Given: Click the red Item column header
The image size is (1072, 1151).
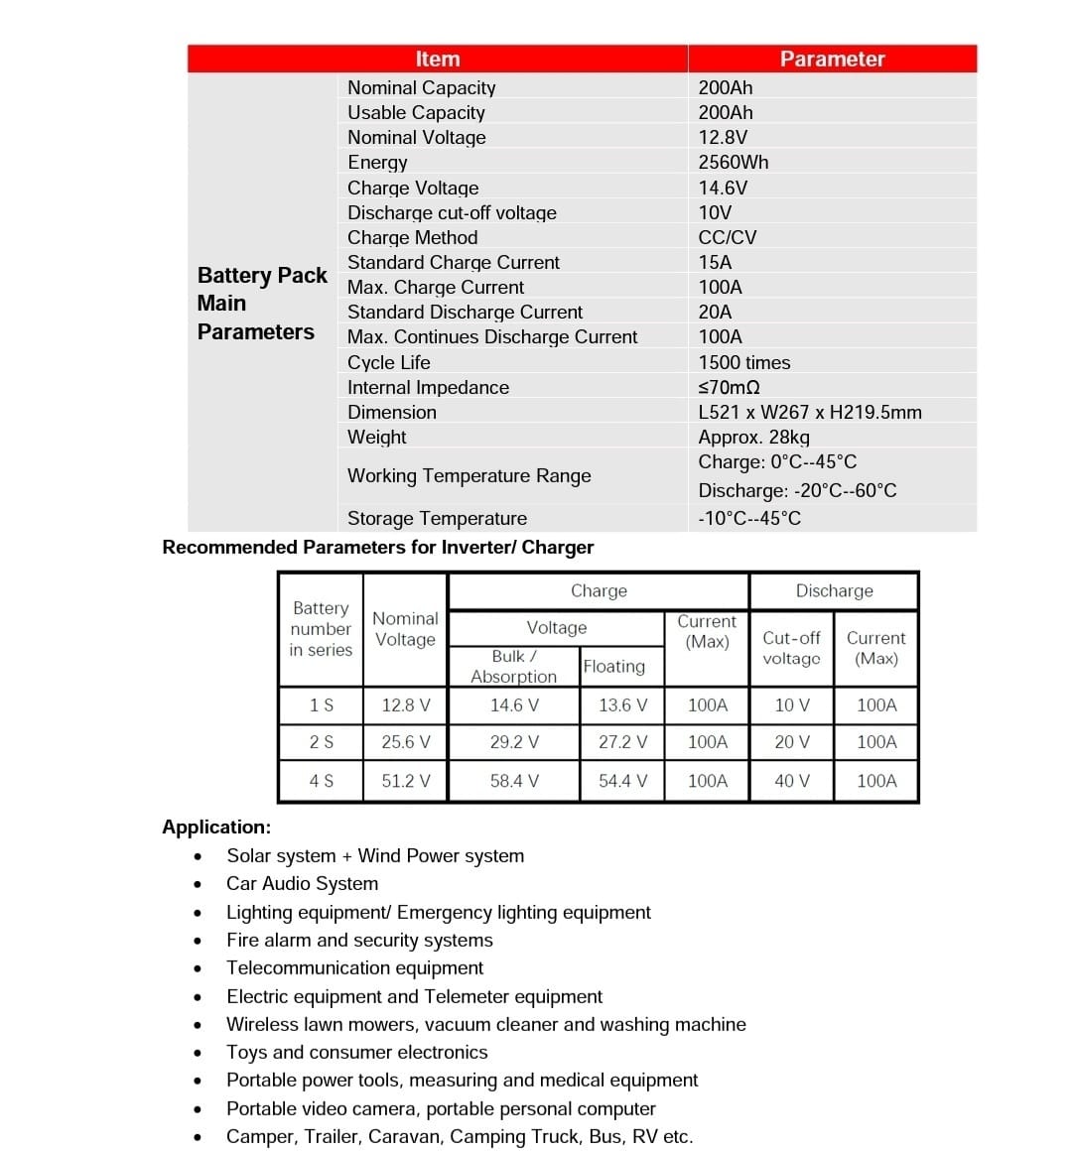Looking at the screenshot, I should (438, 60).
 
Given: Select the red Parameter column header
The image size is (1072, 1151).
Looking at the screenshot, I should (832, 60).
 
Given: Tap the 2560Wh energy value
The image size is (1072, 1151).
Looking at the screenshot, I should (734, 163).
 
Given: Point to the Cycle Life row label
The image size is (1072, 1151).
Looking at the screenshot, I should (389, 362).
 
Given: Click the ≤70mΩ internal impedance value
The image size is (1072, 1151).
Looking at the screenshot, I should (730, 387).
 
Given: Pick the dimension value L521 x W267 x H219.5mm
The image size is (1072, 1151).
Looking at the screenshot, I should (810, 412).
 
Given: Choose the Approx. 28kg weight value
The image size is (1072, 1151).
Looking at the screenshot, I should (754, 437).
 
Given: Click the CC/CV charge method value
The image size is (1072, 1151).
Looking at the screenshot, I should (728, 237).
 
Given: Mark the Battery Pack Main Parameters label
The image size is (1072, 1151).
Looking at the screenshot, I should (261, 303).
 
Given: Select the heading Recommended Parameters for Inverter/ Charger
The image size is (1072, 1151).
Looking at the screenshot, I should (378, 547).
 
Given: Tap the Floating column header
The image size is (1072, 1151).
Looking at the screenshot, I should (613, 666).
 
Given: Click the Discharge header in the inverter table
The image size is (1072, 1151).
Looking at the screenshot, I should (834, 590).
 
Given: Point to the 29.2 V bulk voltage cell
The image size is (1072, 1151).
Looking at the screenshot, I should (514, 741).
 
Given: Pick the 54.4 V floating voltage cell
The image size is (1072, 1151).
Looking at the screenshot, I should (622, 781).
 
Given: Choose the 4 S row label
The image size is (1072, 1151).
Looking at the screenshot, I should (322, 781).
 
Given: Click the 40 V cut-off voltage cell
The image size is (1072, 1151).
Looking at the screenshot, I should (792, 781).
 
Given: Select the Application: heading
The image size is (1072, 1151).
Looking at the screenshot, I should (216, 827).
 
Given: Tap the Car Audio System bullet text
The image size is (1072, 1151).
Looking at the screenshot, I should (302, 883).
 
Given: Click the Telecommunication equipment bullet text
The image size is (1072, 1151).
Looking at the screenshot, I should (354, 967).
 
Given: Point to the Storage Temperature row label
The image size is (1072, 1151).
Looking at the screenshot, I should (437, 518).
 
